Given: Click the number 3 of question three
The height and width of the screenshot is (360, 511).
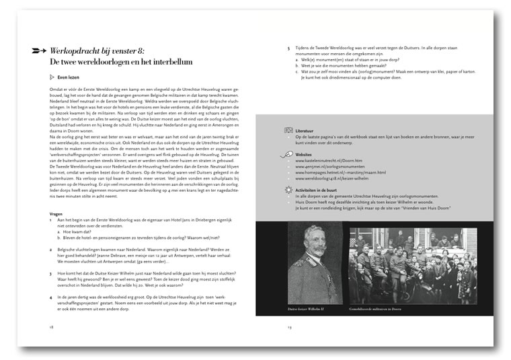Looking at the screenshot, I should click(x=50, y=275).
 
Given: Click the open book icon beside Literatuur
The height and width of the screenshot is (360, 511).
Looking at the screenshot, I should click(x=289, y=129).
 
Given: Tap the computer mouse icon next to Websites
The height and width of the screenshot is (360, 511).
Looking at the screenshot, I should click(x=289, y=154).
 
